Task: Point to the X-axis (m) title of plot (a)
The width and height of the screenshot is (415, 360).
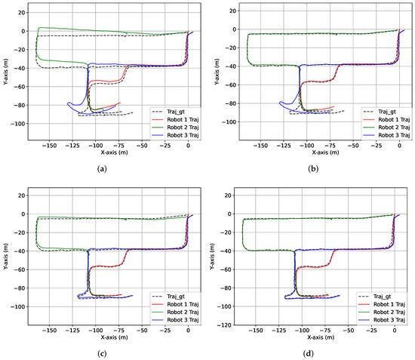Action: click(x=106, y=150)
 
